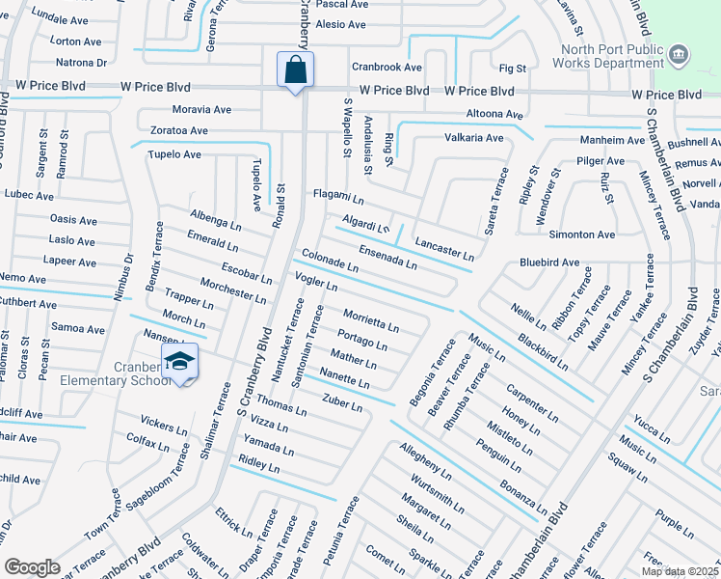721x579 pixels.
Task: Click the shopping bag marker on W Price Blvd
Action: click(294, 69)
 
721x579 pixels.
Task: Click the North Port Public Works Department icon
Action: click(680, 54)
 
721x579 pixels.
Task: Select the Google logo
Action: click(33, 567)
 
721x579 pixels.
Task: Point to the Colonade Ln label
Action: click(330, 260)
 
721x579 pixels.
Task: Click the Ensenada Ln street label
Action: click(387, 256)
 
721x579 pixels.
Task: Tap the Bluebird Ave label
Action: click(549, 262)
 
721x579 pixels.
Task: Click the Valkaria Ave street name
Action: click(473, 138)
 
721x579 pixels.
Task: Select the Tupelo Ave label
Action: click(174, 154)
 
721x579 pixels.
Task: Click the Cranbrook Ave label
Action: click(387, 68)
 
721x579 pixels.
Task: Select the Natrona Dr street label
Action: click(81, 63)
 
